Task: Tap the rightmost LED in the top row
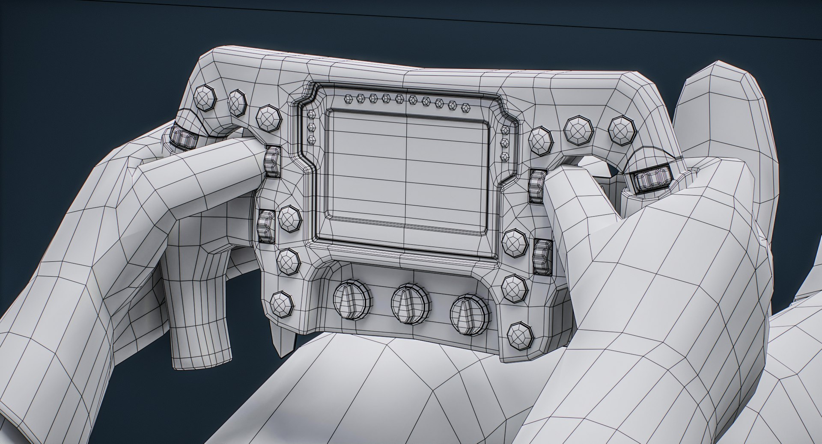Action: click(x=465, y=107)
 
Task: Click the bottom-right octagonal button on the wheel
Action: click(x=520, y=336)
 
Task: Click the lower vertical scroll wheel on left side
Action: click(x=266, y=226)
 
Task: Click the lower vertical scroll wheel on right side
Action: click(x=542, y=257)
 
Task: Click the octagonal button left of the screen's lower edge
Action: click(x=290, y=218)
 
